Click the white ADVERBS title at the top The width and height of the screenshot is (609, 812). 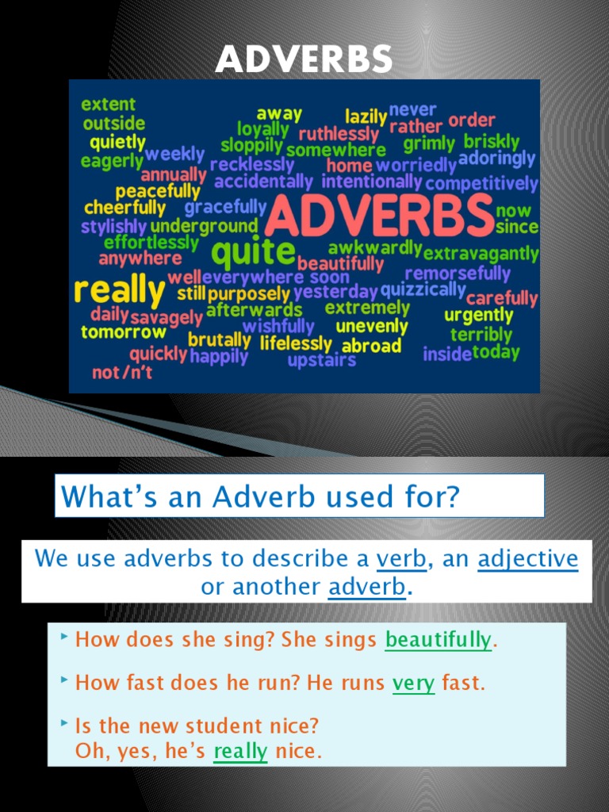[304, 59]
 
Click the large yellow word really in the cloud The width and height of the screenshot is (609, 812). [119, 292]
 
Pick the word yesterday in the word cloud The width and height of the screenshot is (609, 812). [335, 292]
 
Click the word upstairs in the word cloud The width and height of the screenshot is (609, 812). [321, 361]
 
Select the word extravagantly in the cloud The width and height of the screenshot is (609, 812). [481, 255]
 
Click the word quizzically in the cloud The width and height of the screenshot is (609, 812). [423, 289]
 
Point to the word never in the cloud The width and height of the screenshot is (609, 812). [412, 109]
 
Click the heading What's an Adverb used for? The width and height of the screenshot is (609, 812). [261, 496]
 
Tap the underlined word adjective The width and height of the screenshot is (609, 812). [528, 559]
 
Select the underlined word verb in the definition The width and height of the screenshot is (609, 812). [401, 559]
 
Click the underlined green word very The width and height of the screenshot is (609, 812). [413, 683]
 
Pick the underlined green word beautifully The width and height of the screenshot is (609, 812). [438, 640]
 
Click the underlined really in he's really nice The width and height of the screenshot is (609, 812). [240, 751]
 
